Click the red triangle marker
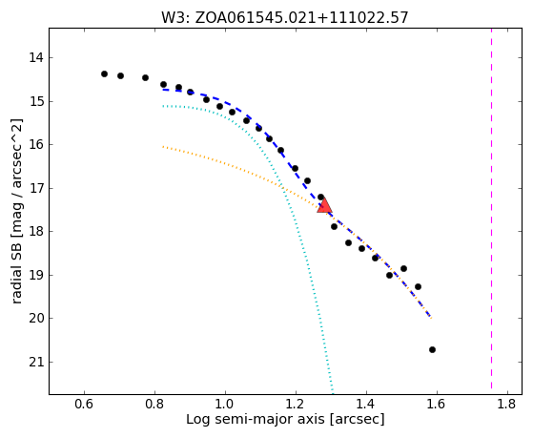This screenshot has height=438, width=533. point(324,205)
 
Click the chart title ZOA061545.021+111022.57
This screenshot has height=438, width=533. point(301,18)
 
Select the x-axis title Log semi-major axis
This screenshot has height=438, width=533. point(256,419)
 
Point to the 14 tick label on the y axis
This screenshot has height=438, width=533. point(36,58)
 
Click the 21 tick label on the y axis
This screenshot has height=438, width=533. point(36,362)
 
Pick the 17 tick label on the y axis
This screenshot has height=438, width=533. point(36,188)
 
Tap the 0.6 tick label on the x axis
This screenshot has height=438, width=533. point(84,404)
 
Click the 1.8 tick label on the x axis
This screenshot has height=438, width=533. point(507,404)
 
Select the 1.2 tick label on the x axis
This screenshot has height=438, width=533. point(296,404)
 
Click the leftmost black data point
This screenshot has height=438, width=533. point(104,73)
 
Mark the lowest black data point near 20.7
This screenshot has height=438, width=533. point(432,349)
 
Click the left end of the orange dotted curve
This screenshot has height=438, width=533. point(163,146)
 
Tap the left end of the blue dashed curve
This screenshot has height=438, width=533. point(163,89)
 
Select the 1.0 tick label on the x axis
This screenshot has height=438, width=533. point(225,404)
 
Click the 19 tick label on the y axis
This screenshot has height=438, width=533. point(36,276)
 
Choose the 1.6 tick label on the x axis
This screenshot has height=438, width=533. point(437,404)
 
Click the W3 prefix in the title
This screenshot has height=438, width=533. point(174,18)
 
